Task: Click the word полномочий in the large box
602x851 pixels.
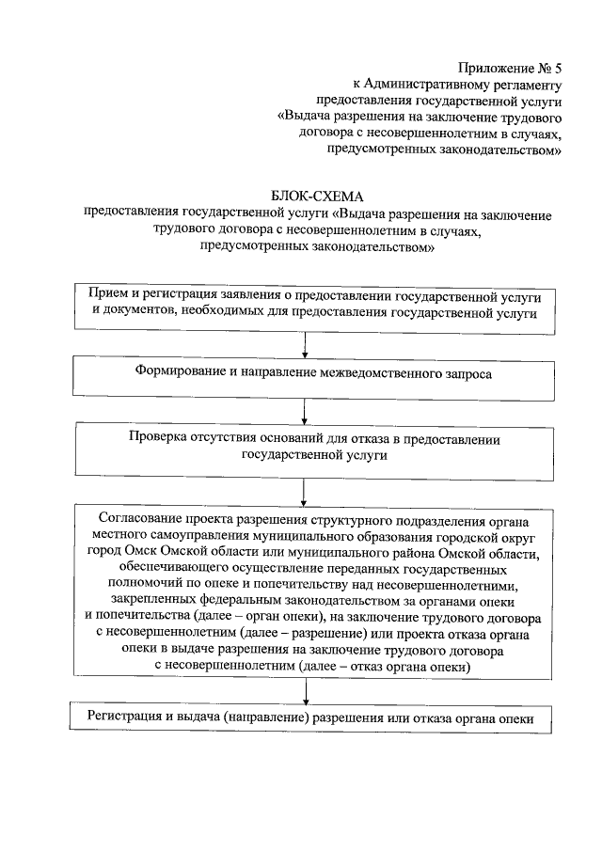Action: click(143, 586)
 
